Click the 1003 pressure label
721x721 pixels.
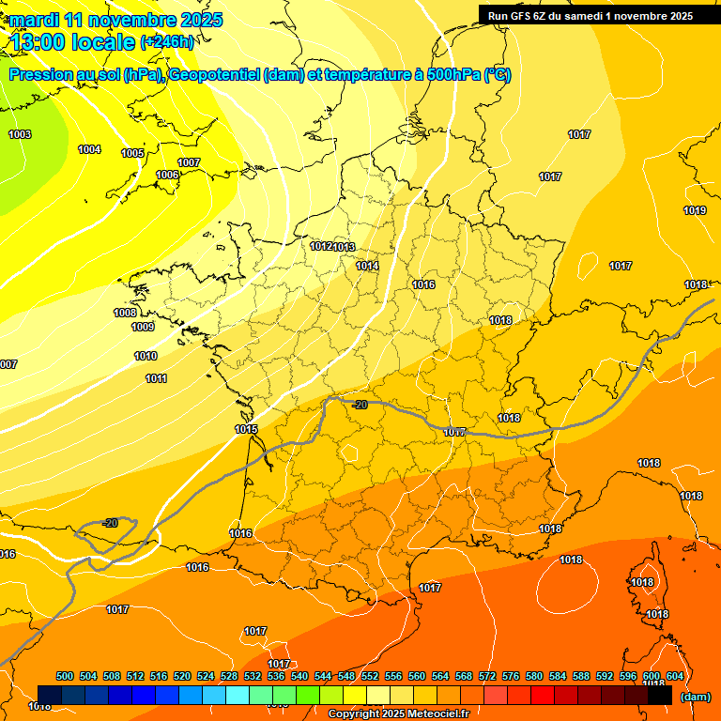click(20, 134)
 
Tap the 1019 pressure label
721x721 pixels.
click(695, 210)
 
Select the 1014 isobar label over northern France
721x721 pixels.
click(367, 266)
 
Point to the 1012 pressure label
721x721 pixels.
click(321, 246)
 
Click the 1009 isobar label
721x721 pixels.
click(143, 327)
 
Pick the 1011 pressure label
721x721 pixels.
click(156, 378)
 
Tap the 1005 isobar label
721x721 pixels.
click(132, 153)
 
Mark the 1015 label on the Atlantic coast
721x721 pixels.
click(246, 429)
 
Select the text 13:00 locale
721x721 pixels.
click(72, 41)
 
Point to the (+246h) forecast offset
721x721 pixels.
click(167, 42)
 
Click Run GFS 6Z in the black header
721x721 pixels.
click(520, 15)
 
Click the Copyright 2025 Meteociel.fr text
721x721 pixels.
click(398, 714)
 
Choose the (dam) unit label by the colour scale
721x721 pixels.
click(695, 697)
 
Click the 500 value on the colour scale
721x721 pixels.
click(65, 676)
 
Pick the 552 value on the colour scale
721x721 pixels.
click(370, 676)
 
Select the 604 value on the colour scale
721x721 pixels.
click(674, 676)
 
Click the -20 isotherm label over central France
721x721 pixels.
click(360, 405)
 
